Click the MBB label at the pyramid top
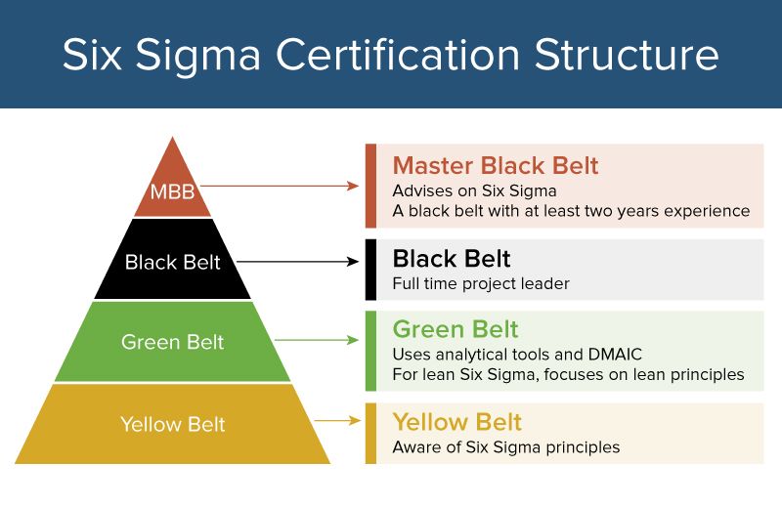click(172, 191)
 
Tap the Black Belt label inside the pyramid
click(172, 262)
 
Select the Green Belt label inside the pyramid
click(172, 342)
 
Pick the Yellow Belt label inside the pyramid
click(172, 424)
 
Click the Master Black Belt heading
click(495, 165)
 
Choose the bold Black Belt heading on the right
click(451, 259)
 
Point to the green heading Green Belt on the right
click(455, 328)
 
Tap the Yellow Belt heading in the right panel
click(456, 422)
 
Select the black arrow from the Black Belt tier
click(298, 261)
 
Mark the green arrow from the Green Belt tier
click(318, 340)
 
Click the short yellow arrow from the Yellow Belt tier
click(338, 421)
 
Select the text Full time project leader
click(480, 284)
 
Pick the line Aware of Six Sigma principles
click(505, 447)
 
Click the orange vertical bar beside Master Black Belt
click(370, 186)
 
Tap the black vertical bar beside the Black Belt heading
click(370, 270)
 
